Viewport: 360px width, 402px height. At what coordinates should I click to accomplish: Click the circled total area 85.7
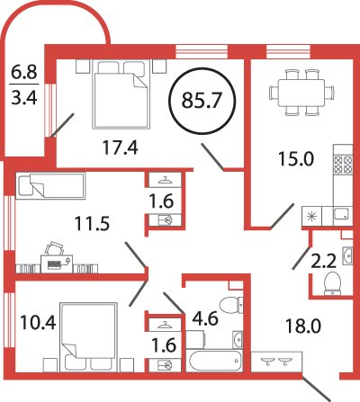(202, 100)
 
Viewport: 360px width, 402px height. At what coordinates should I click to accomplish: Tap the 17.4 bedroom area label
(120, 147)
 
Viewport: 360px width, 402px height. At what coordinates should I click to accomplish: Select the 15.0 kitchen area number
(296, 158)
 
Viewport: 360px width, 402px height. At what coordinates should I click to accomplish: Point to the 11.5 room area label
(92, 224)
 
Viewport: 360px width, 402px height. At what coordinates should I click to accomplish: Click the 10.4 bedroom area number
(38, 323)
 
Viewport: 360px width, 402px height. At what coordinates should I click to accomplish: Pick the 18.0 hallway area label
(303, 326)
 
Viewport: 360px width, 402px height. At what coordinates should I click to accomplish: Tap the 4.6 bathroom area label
(205, 318)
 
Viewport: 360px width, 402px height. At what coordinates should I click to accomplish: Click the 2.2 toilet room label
(323, 261)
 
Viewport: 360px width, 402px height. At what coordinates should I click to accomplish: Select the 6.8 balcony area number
(24, 72)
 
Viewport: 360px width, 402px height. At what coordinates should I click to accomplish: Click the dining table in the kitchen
(301, 93)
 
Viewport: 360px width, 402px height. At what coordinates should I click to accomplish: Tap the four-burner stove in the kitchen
(343, 165)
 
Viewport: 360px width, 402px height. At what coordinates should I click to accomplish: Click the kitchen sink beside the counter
(342, 216)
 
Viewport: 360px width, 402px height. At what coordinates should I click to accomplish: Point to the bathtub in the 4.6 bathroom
(213, 361)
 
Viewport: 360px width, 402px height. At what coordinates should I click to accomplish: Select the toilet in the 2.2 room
(332, 283)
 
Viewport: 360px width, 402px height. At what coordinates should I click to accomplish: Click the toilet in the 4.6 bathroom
(231, 305)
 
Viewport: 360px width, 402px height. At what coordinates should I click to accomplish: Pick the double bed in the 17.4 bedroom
(121, 94)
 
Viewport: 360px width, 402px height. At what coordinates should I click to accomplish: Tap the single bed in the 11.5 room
(50, 185)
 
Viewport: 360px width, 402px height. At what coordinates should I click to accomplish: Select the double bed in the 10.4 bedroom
(88, 337)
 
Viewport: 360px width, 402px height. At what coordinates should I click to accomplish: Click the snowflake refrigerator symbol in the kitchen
(312, 216)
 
